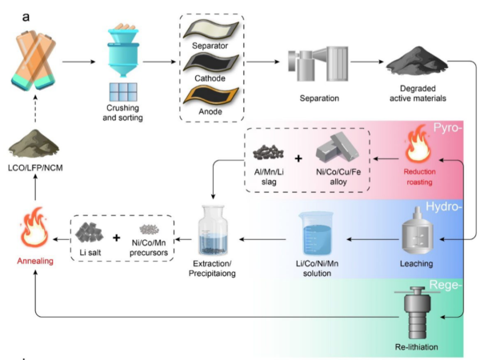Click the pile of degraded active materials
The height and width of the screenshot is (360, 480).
tap(413, 60)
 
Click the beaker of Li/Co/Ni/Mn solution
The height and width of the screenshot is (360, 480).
tap(313, 231)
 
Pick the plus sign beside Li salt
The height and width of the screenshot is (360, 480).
tap(116, 238)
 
